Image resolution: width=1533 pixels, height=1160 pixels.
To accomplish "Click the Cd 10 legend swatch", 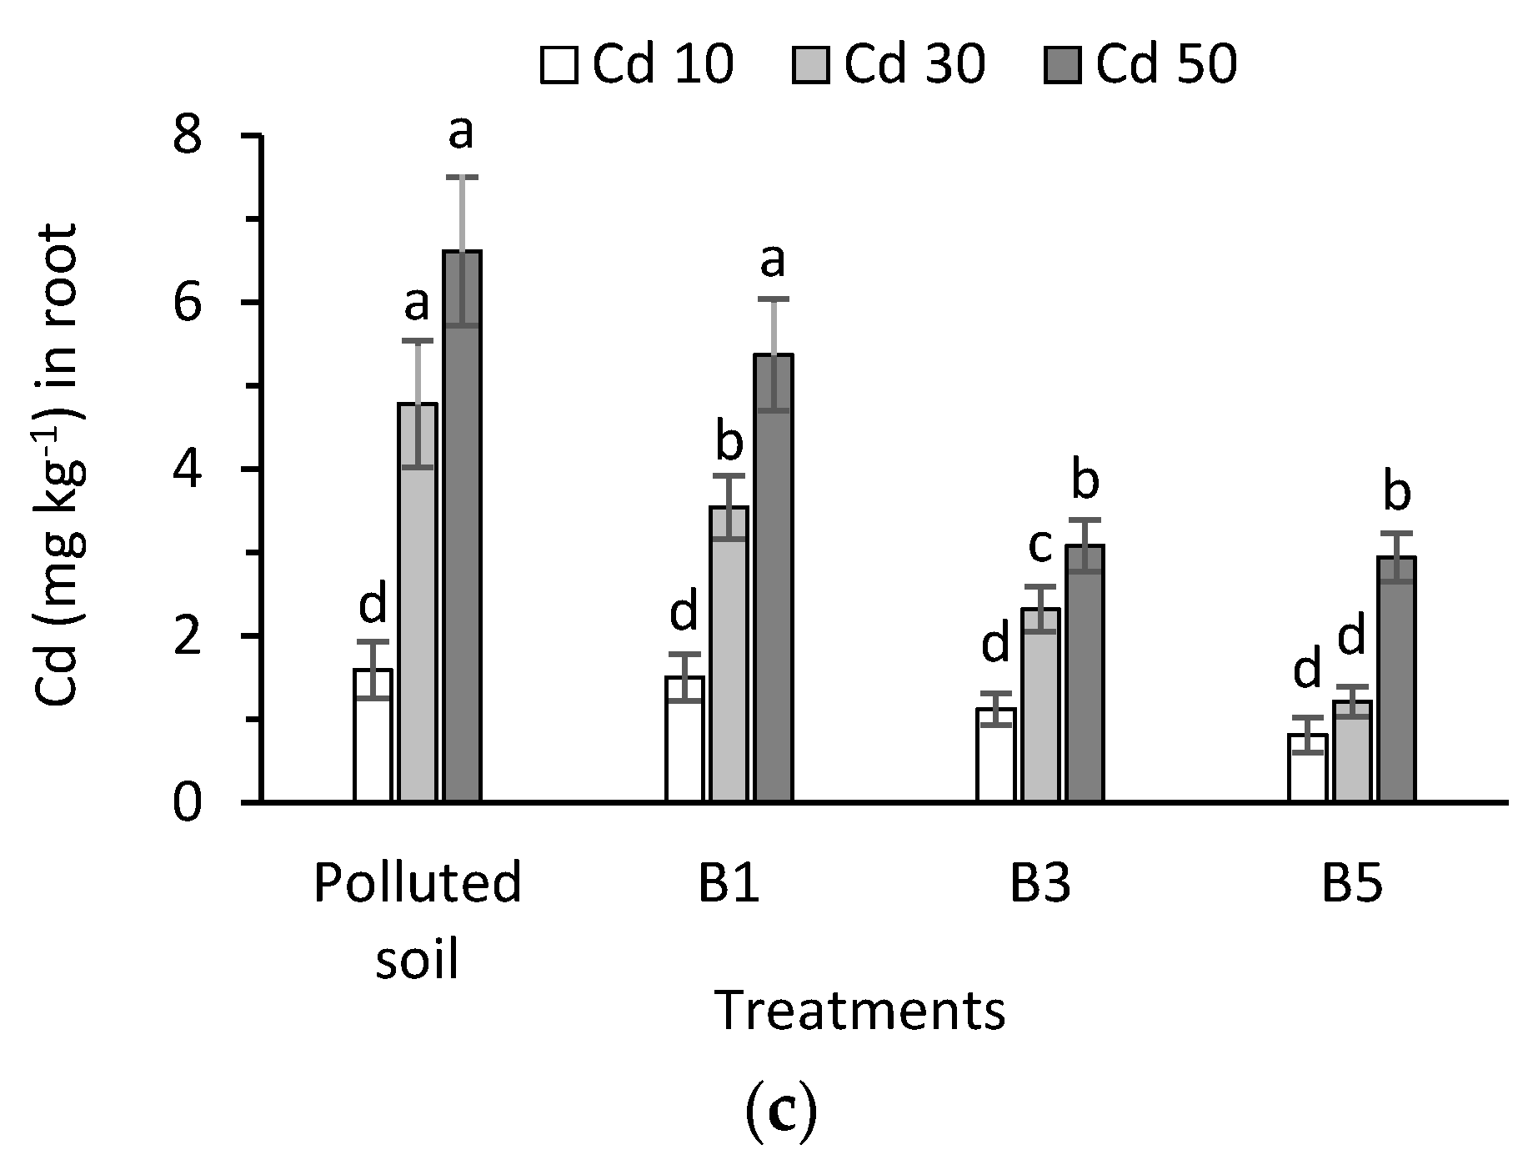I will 559,65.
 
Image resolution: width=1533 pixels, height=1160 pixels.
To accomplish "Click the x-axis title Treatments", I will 860,1011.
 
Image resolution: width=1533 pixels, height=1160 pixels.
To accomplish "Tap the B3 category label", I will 1040,886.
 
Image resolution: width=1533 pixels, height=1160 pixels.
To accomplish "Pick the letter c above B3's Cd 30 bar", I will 1040,546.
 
